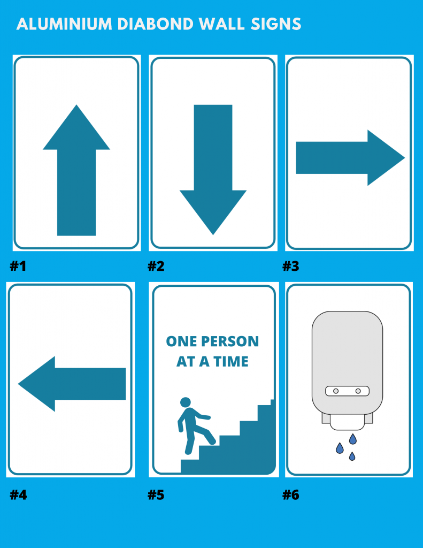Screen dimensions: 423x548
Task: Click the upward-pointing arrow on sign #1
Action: click(76, 170)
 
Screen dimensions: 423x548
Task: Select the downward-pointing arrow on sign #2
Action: click(213, 170)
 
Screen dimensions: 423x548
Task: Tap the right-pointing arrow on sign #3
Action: click(350, 158)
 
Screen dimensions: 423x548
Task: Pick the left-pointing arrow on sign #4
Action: click(72, 384)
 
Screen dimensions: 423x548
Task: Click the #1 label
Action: click(18, 267)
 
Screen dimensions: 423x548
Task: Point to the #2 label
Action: click(156, 267)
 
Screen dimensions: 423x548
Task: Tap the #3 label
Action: click(290, 267)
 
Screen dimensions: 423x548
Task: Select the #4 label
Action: click(18, 495)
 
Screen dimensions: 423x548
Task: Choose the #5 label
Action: click(156, 495)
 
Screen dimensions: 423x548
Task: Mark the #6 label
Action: click(290, 495)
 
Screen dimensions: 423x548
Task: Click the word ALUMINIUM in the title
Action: click(64, 24)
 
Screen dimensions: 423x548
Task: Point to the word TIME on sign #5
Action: click(231, 361)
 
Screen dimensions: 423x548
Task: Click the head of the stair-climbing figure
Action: click(186, 402)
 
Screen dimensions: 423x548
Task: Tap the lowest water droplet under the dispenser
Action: click(352, 456)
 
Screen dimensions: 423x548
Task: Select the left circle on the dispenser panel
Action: click(336, 391)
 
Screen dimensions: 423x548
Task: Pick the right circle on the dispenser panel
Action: click(358, 391)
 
